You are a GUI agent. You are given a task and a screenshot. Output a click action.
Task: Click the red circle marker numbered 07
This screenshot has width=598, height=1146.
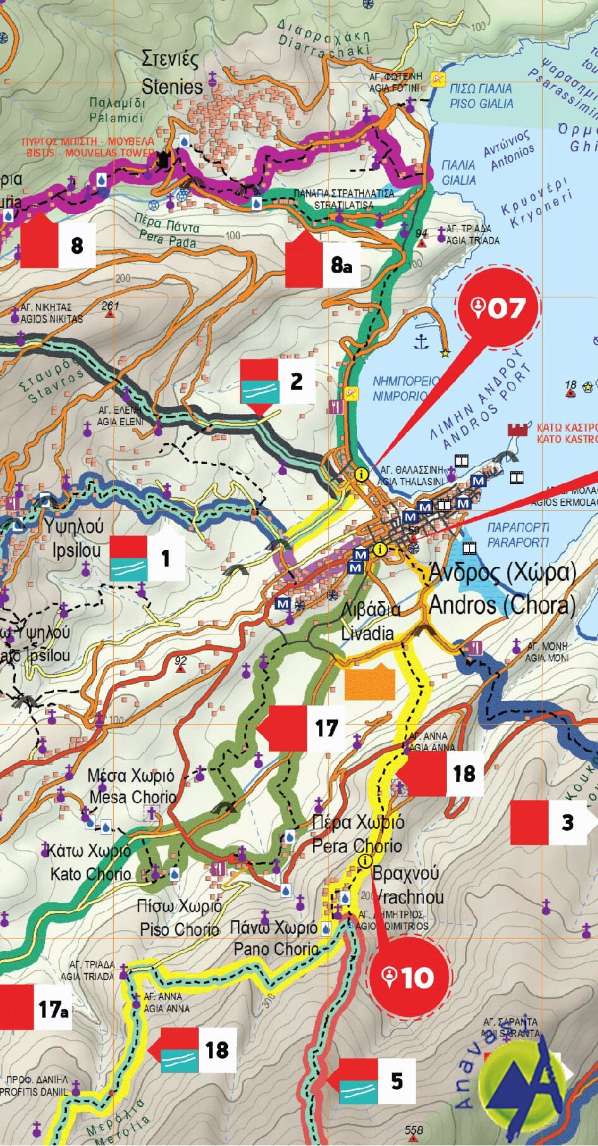pos(498,308)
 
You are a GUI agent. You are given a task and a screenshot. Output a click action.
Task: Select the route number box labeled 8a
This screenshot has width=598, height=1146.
pos(322,263)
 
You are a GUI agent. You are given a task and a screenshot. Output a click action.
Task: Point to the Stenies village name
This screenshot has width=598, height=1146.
pos(171,73)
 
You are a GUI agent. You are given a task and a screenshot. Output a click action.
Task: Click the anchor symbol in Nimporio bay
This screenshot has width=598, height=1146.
pos(421,342)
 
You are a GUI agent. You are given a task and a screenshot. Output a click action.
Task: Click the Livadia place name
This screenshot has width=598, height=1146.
pos(370,621)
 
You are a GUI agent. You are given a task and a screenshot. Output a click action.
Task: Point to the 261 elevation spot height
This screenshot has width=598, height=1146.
pos(110,306)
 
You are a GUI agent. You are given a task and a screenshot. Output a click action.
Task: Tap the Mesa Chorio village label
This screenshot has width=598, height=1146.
pos(131,785)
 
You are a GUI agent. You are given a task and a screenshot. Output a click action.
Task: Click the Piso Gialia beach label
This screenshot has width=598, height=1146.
pos(481,96)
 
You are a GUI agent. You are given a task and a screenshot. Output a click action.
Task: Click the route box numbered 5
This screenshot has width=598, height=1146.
pos(377,1080)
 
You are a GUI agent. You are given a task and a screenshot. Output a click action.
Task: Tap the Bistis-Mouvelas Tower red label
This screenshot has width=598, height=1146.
pos(88,147)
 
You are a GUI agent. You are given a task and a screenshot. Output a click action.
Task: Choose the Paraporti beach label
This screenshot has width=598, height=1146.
pos(518,535)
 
